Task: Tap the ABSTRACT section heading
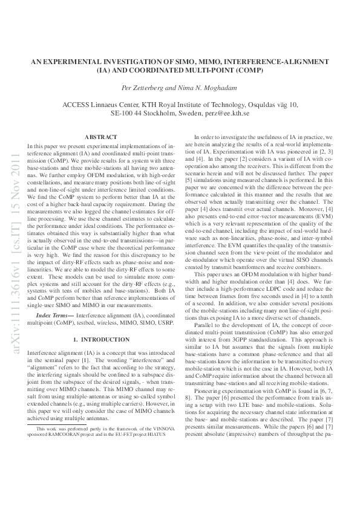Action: click(x=101, y=138)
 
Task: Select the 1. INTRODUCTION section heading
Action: click(x=101, y=340)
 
